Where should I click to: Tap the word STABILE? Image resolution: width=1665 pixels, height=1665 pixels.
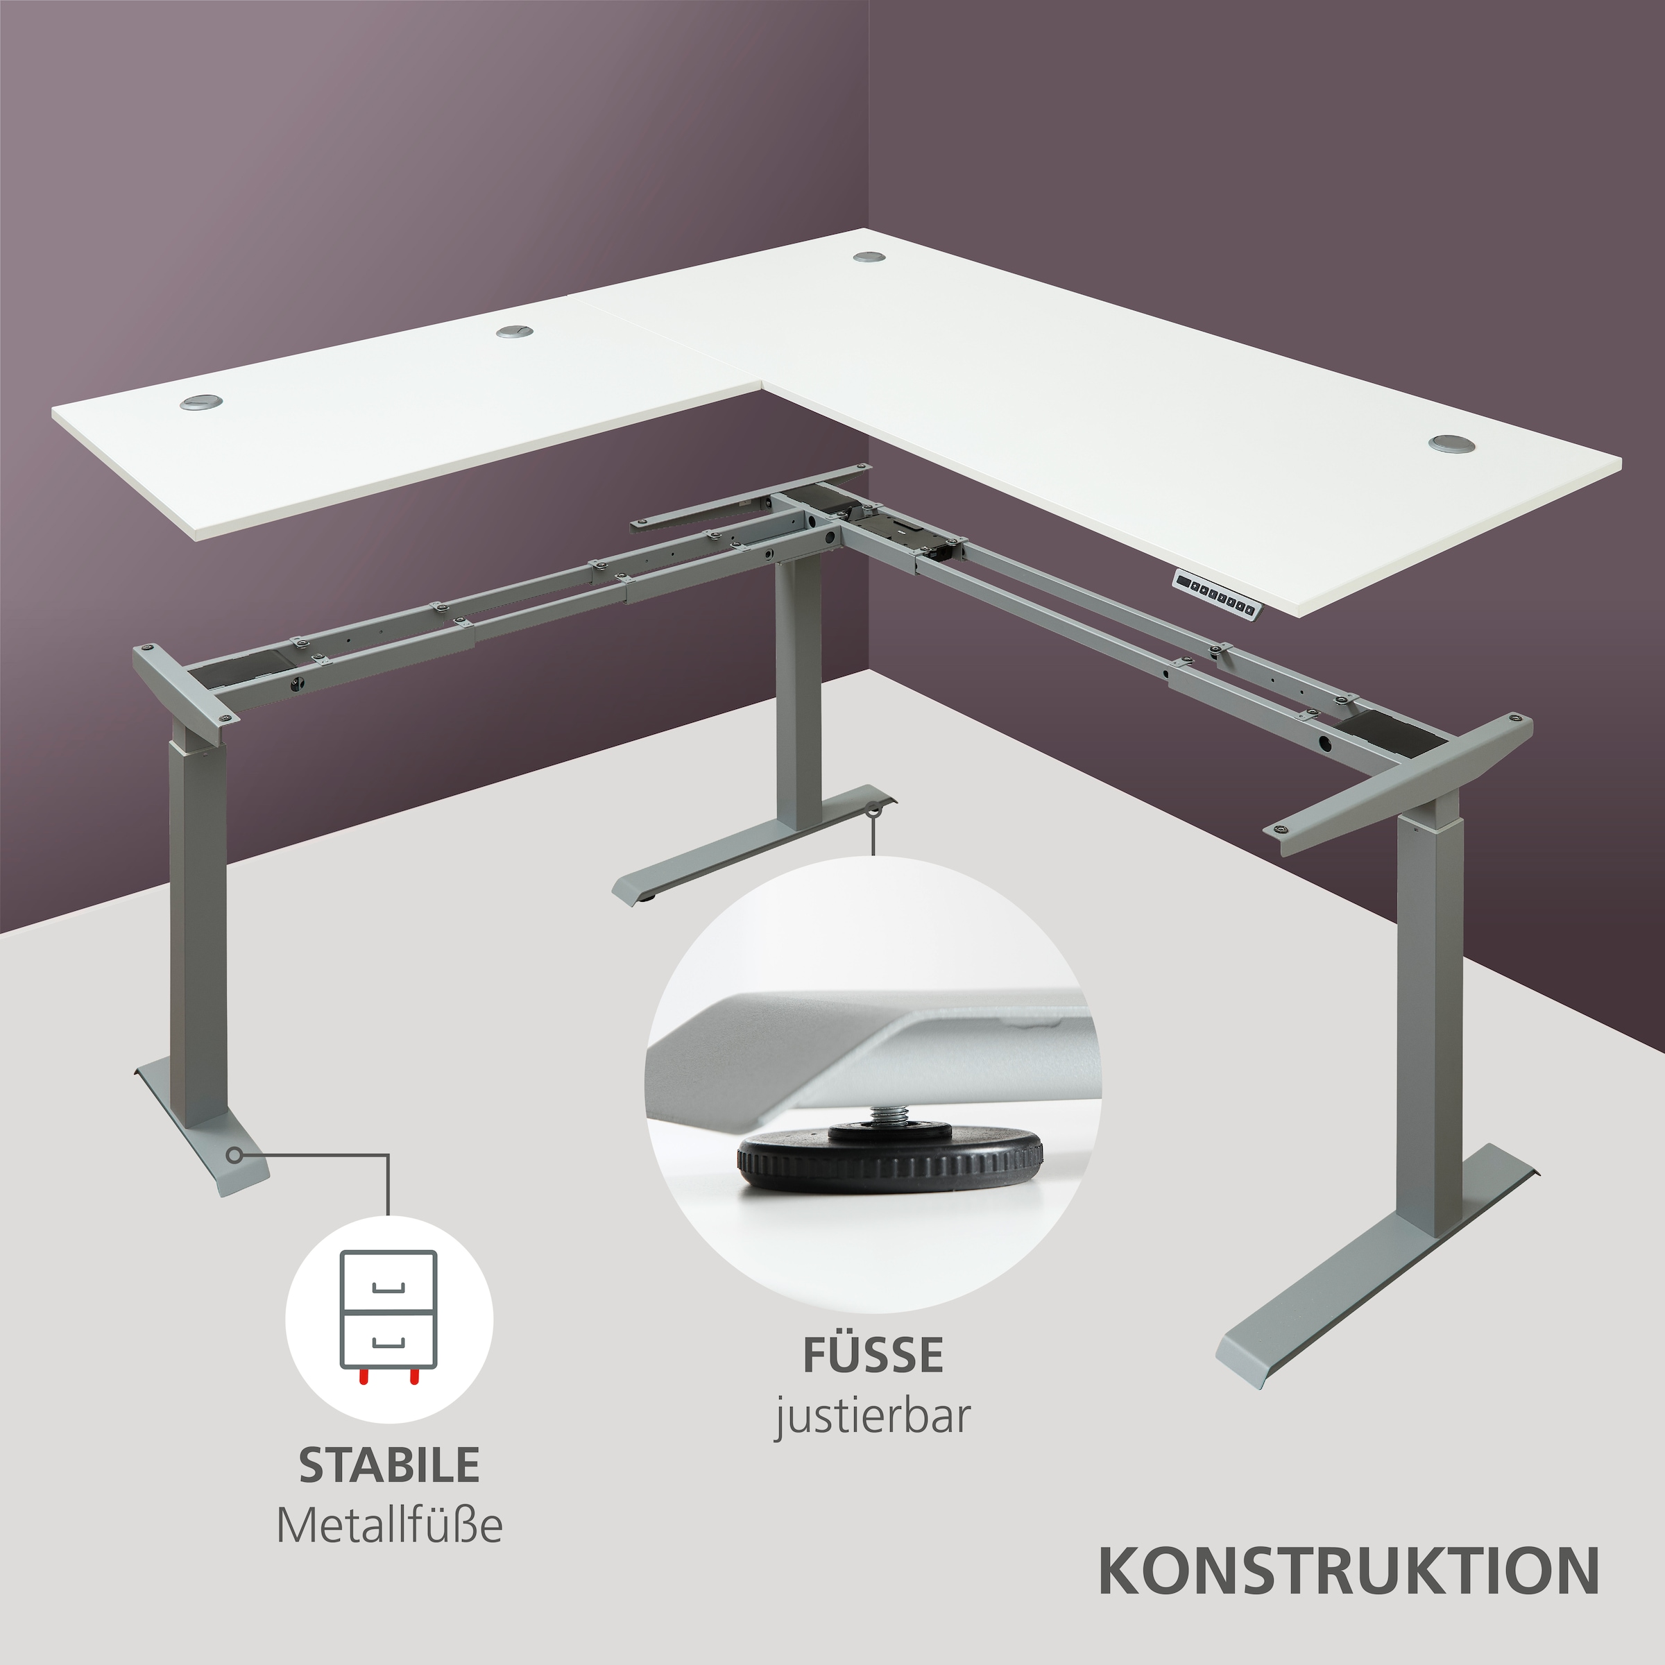point(389,1465)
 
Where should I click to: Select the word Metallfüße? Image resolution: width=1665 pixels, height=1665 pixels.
point(389,1526)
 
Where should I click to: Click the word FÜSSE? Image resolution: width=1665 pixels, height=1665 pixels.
point(873,1355)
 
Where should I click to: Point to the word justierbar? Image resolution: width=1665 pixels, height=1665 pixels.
point(873,1415)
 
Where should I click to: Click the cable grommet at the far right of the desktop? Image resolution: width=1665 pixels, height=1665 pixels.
point(1451,443)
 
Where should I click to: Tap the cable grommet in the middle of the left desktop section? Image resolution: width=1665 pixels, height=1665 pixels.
point(515,331)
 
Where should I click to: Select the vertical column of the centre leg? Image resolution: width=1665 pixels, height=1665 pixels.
point(796,690)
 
